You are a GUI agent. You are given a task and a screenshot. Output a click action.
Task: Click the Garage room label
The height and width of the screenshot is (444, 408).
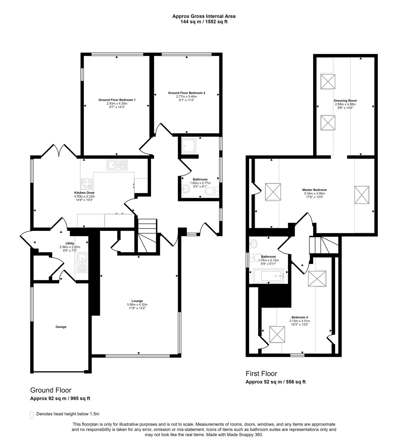pos(61,327)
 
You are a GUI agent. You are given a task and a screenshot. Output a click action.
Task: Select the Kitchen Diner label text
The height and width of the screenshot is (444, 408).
pos(84,193)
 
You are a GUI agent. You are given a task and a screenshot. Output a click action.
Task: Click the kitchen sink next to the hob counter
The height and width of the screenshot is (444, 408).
pos(117,165)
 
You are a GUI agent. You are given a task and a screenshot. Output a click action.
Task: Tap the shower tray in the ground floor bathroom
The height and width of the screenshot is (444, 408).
pos(189,146)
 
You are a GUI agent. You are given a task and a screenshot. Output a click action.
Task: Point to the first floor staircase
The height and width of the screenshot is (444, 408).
pos(323,245)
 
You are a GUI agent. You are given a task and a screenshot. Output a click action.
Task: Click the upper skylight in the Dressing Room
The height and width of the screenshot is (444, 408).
pos(328,82)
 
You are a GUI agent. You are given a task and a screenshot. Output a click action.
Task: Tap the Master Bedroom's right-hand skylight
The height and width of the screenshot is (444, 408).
pos(362,195)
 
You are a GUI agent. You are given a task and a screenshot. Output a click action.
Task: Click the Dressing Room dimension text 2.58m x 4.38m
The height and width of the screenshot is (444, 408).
pos(345,104)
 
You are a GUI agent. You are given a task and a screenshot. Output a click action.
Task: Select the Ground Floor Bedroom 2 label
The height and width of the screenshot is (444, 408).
pos(186,93)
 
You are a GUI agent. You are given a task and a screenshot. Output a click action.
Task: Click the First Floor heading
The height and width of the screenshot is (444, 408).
pos(261,374)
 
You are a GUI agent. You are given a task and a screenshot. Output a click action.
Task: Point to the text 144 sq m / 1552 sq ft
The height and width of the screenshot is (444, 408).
pos(204,22)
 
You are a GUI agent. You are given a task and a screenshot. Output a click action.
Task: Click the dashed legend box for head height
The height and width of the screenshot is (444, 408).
pos(32,415)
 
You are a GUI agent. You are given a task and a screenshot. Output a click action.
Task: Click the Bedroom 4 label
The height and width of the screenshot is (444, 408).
pos(300,317)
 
